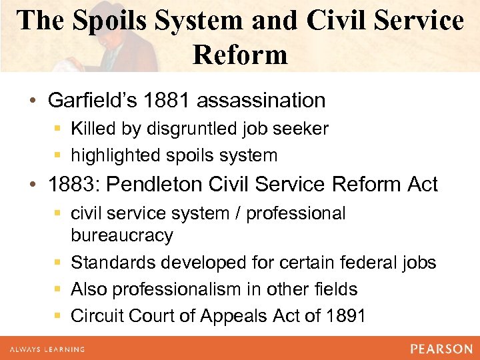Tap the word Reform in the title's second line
[240, 54]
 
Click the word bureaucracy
[122, 235]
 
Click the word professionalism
[177, 289]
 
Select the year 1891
[347, 315]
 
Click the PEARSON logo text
[441, 349]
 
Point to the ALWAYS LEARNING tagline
[46, 349]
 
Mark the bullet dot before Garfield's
[32, 101]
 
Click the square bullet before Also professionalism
[59, 289]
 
